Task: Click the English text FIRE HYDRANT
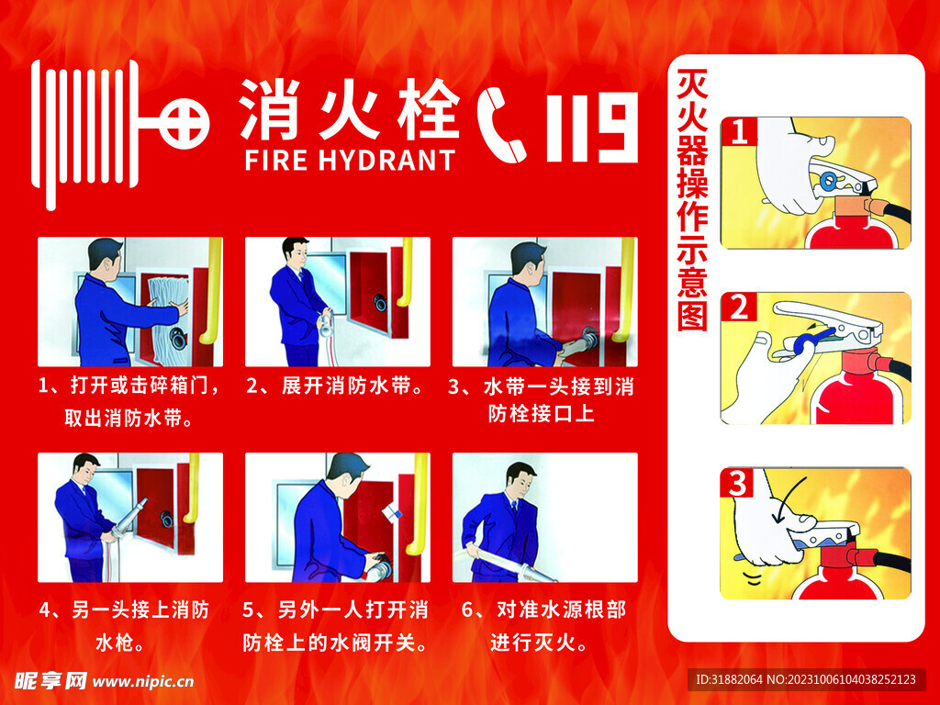(x=350, y=160)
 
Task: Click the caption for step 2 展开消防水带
(x=337, y=386)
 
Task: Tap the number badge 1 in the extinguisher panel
(x=740, y=132)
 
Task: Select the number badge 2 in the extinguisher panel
(x=739, y=308)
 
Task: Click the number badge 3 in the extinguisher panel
(x=739, y=483)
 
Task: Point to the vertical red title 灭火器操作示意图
(x=691, y=201)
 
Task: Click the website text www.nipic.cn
(x=143, y=681)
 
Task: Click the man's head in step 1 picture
(x=105, y=257)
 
